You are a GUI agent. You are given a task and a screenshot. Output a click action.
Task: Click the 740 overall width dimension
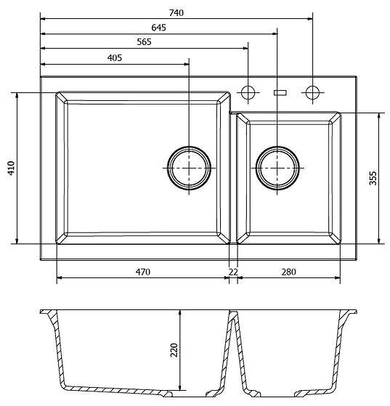coord(176,12)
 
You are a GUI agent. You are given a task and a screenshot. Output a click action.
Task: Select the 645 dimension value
coord(159,28)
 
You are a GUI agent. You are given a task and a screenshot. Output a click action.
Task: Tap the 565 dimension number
coord(144,42)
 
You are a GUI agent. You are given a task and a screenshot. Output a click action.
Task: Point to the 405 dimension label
coord(115,58)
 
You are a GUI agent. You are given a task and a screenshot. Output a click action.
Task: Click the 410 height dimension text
coord(11,168)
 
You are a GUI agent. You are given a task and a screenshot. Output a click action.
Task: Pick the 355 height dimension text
coord(373,178)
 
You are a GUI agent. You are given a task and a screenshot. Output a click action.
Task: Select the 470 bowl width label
coord(143,272)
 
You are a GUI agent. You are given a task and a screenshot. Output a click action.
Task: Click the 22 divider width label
coord(233,272)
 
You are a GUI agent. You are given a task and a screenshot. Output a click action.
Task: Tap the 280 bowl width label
coord(288,272)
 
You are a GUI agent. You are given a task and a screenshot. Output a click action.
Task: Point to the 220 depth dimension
coord(174,350)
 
